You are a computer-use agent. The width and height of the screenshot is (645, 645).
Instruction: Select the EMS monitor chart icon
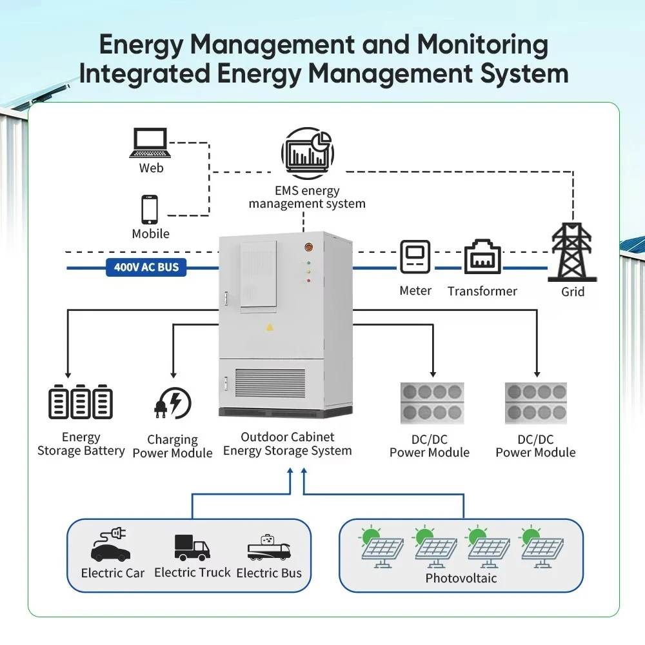(307, 154)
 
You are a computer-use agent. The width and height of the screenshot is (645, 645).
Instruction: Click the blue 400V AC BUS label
(146, 266)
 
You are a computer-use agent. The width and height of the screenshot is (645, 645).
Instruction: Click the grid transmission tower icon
(571, 252)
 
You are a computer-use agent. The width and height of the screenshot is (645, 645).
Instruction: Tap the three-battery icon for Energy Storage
(81, 402)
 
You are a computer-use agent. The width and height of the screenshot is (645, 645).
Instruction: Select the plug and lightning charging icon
(172, 403)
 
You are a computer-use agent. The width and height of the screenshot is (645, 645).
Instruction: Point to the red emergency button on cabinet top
(308, 246)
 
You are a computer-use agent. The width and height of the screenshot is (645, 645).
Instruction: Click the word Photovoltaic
(461, 578)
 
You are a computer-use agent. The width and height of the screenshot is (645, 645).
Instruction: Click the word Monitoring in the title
(482, 45)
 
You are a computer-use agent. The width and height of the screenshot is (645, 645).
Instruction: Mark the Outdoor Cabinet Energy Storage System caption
(288, 444)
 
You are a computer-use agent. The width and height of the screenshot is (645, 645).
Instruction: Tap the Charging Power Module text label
(172, 446)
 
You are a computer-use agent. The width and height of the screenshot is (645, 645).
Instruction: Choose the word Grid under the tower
(572, 292)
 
